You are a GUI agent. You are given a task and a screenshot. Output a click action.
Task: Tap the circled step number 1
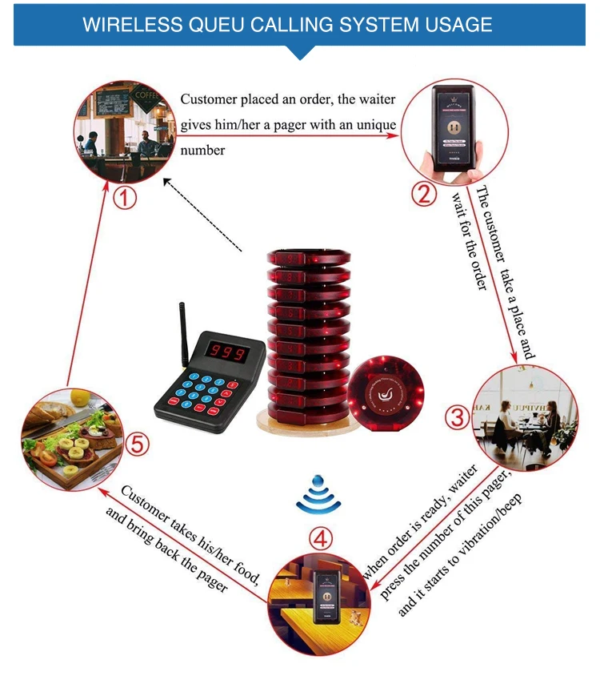tap(124, 197)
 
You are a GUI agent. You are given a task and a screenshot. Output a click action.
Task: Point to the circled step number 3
tap(458, 416)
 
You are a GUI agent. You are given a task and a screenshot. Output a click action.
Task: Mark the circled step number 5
tap(137, 443)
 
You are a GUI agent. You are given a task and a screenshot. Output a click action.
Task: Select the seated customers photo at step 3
tap(525, 416)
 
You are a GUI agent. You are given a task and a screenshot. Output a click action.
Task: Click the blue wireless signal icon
tap(318, 495)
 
